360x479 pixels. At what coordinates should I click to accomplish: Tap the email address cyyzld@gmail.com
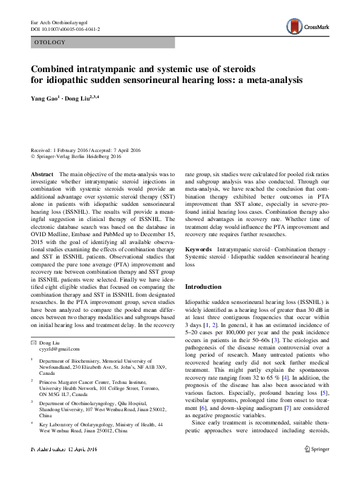click(59, 349)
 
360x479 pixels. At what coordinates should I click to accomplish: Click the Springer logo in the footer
click(316, 467)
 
